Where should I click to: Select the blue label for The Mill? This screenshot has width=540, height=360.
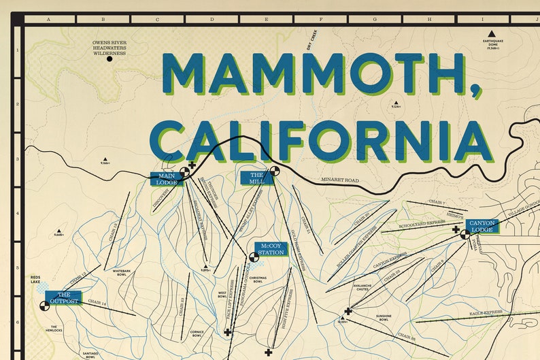tap(256, 178)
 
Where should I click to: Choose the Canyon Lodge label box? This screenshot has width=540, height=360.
tap(482, 226)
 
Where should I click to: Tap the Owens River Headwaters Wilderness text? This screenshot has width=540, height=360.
tap(109, 48)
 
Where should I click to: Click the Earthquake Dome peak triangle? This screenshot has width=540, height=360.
tap(490, 33)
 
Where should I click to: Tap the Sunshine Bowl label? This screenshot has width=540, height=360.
tap(383, 317)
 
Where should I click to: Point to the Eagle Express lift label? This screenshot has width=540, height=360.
tap(486, 313)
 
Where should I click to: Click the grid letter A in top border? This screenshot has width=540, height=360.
tap(48, 19)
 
